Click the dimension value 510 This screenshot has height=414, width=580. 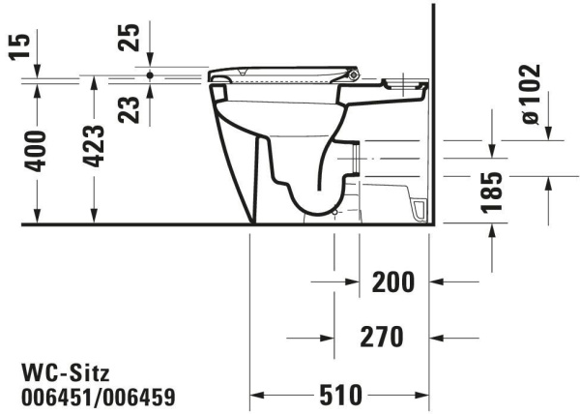(x=341, y=395)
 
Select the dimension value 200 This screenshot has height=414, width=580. (x=392, y=282)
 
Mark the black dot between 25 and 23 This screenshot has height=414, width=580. (x=150, y=74)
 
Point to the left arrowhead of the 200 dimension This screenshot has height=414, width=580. (x=350, y=282)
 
